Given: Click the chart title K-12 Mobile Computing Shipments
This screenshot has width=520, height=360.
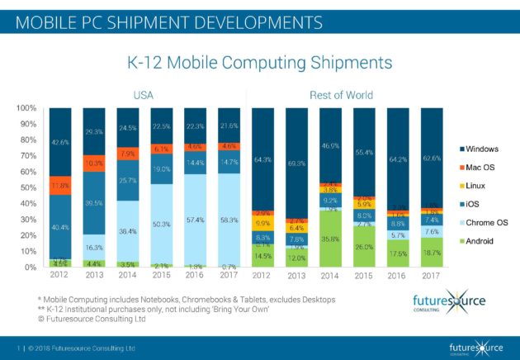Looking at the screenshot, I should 259,63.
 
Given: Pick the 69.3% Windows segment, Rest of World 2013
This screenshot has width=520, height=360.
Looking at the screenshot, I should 299,163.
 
